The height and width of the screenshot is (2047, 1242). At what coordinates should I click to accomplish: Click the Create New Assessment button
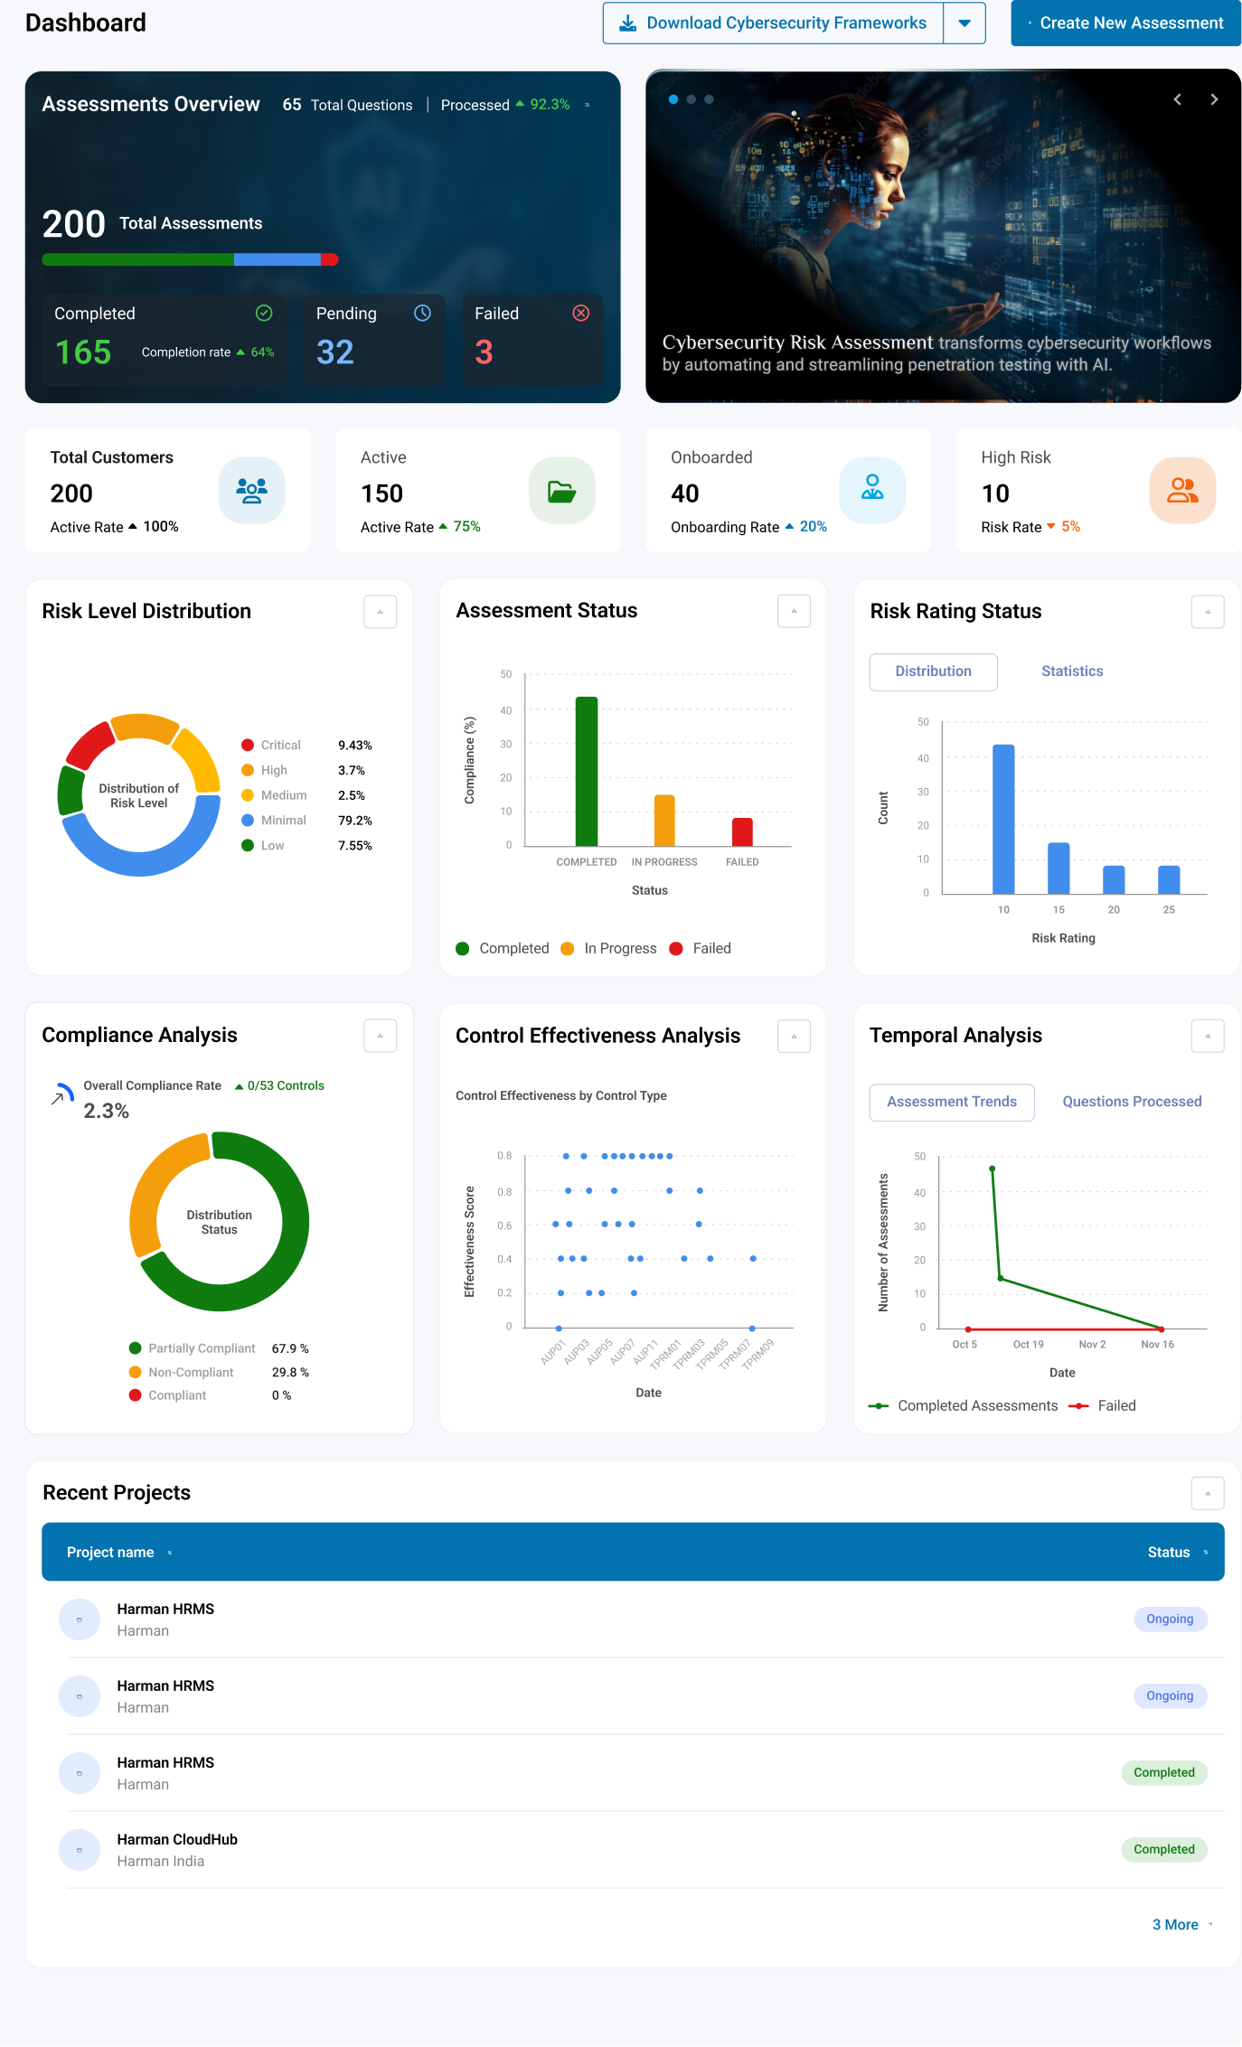(1125, 23)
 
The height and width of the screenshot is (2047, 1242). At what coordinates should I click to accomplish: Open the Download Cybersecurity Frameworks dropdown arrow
(964, 23)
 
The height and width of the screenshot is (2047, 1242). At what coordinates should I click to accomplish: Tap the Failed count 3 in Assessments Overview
(485, 352)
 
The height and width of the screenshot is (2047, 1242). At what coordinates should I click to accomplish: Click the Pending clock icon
(422, 313)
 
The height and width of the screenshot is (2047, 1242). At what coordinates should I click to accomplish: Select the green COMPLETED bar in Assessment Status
(587, 771)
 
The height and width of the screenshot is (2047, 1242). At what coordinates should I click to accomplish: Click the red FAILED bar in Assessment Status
(742, 831)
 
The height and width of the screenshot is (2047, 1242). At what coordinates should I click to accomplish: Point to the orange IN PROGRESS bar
(664, 820)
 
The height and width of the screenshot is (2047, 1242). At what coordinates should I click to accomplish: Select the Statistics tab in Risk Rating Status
(1072, 671)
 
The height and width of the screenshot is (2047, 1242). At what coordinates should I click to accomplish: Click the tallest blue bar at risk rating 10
(1003, 819)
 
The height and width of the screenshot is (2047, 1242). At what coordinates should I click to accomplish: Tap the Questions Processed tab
(1132, 1102)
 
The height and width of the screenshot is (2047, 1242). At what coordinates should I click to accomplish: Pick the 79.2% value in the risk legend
(355, 821)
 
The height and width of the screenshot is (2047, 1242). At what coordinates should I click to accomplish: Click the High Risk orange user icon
(1182, 490)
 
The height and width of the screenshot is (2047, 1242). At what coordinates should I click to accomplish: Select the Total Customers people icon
(251, 490)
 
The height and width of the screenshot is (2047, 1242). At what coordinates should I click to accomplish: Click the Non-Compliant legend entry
(182, 1372)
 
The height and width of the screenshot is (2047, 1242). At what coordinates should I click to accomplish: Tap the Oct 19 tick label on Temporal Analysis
(1028, 1345)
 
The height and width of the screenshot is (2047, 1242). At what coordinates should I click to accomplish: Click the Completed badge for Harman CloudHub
(1164, 1849)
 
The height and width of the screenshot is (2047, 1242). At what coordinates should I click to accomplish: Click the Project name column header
(110, 1553)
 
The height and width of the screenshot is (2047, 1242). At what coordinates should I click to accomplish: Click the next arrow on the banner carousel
(1214, 99)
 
